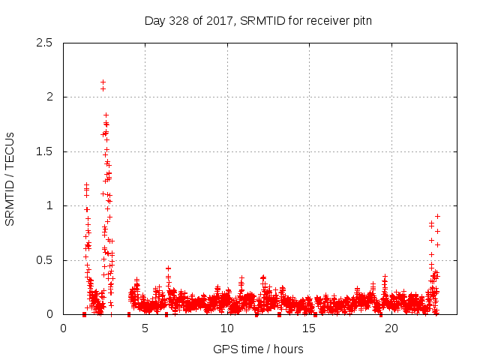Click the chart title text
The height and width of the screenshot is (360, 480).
click(x=258, y=20)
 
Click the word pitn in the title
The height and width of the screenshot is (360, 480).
click(x=361, y=20)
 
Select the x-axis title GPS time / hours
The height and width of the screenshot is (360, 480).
click(x=258, y=349)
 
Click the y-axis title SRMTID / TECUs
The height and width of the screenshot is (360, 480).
click(x=10, y=178)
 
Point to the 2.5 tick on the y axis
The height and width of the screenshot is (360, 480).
click(x=47, y=43)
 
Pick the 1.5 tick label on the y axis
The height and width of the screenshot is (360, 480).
click(x=47, y=151)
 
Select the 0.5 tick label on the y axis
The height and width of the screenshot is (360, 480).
click(x=47, y=260)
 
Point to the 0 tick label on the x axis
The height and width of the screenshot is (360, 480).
click(x=63, y=328)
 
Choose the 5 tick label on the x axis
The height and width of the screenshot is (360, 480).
click(x=145, y=328)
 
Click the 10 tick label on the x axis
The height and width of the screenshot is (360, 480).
click(x=227, y=328)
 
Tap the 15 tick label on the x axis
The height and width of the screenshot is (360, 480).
click(x=309, y=328)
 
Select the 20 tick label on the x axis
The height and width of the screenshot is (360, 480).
click(x=391, y=328)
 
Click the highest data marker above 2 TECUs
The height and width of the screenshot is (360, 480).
click(x=103, y=82)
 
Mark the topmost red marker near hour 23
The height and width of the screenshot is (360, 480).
click(x=437, y=216)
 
